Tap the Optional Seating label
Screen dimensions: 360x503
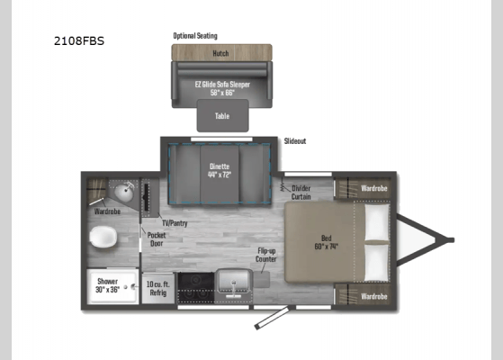[195, 36]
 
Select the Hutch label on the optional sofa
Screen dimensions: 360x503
[220, 53]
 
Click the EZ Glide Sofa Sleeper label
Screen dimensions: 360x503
[221, 87]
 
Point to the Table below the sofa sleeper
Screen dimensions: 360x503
[221, 115]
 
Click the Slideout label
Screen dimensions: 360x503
[295, 141]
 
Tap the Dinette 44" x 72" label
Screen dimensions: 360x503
[220, 170]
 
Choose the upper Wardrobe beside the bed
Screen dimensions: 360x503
[373, 189]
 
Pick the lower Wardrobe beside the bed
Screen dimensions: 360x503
[373, 295]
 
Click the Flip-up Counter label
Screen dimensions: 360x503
[266, 255]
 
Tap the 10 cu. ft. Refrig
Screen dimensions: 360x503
[157, 289]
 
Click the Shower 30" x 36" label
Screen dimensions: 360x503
[108, 285]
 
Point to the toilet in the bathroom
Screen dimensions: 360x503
[103, 238]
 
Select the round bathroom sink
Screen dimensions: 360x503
[124, 193]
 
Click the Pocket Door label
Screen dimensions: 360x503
[157, 238]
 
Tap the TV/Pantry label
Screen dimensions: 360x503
[175, 222]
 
